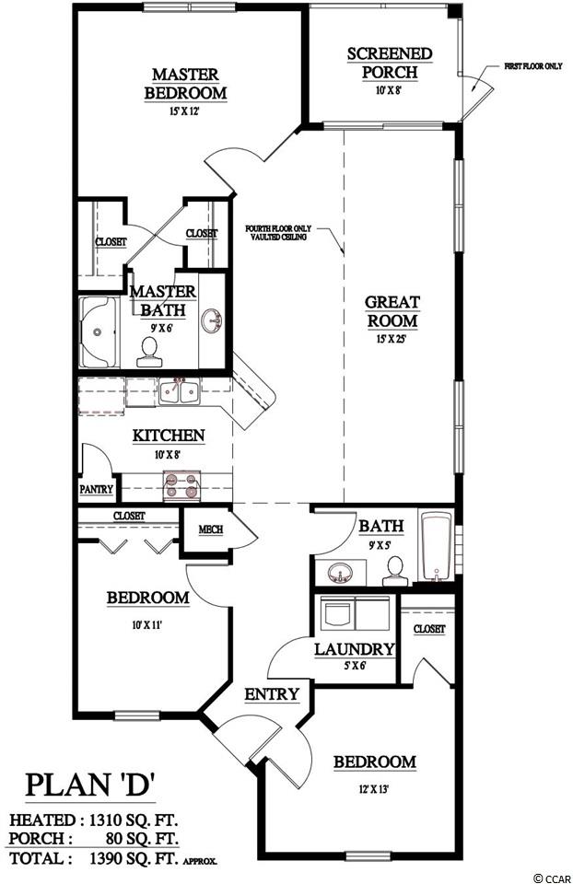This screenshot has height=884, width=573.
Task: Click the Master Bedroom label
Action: pos(185,84)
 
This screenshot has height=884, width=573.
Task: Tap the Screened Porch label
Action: pos(390,64)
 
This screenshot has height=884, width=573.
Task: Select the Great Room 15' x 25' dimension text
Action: pos(392,340)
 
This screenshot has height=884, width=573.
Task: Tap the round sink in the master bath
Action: pos(212,321)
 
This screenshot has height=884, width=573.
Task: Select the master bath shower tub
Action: pos(99,332)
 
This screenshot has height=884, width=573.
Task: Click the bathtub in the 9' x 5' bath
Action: pos(437,546)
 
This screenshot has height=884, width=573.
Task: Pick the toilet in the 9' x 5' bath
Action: pos(395,572)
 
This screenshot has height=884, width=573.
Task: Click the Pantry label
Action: pos(97,489)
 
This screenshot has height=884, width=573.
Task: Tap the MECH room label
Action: pos(210,530)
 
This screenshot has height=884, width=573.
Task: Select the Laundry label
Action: pos(354,649)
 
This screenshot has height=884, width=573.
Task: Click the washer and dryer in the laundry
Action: pos(355,612)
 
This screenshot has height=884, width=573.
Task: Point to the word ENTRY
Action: pos(271,694)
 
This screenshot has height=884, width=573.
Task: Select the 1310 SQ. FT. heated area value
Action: pos(134,820)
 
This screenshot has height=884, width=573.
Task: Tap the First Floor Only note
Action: pos(533,66)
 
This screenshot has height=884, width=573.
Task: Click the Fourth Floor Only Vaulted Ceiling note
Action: pos(278,233)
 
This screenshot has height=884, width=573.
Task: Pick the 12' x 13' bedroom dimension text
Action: pos(374,789)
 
